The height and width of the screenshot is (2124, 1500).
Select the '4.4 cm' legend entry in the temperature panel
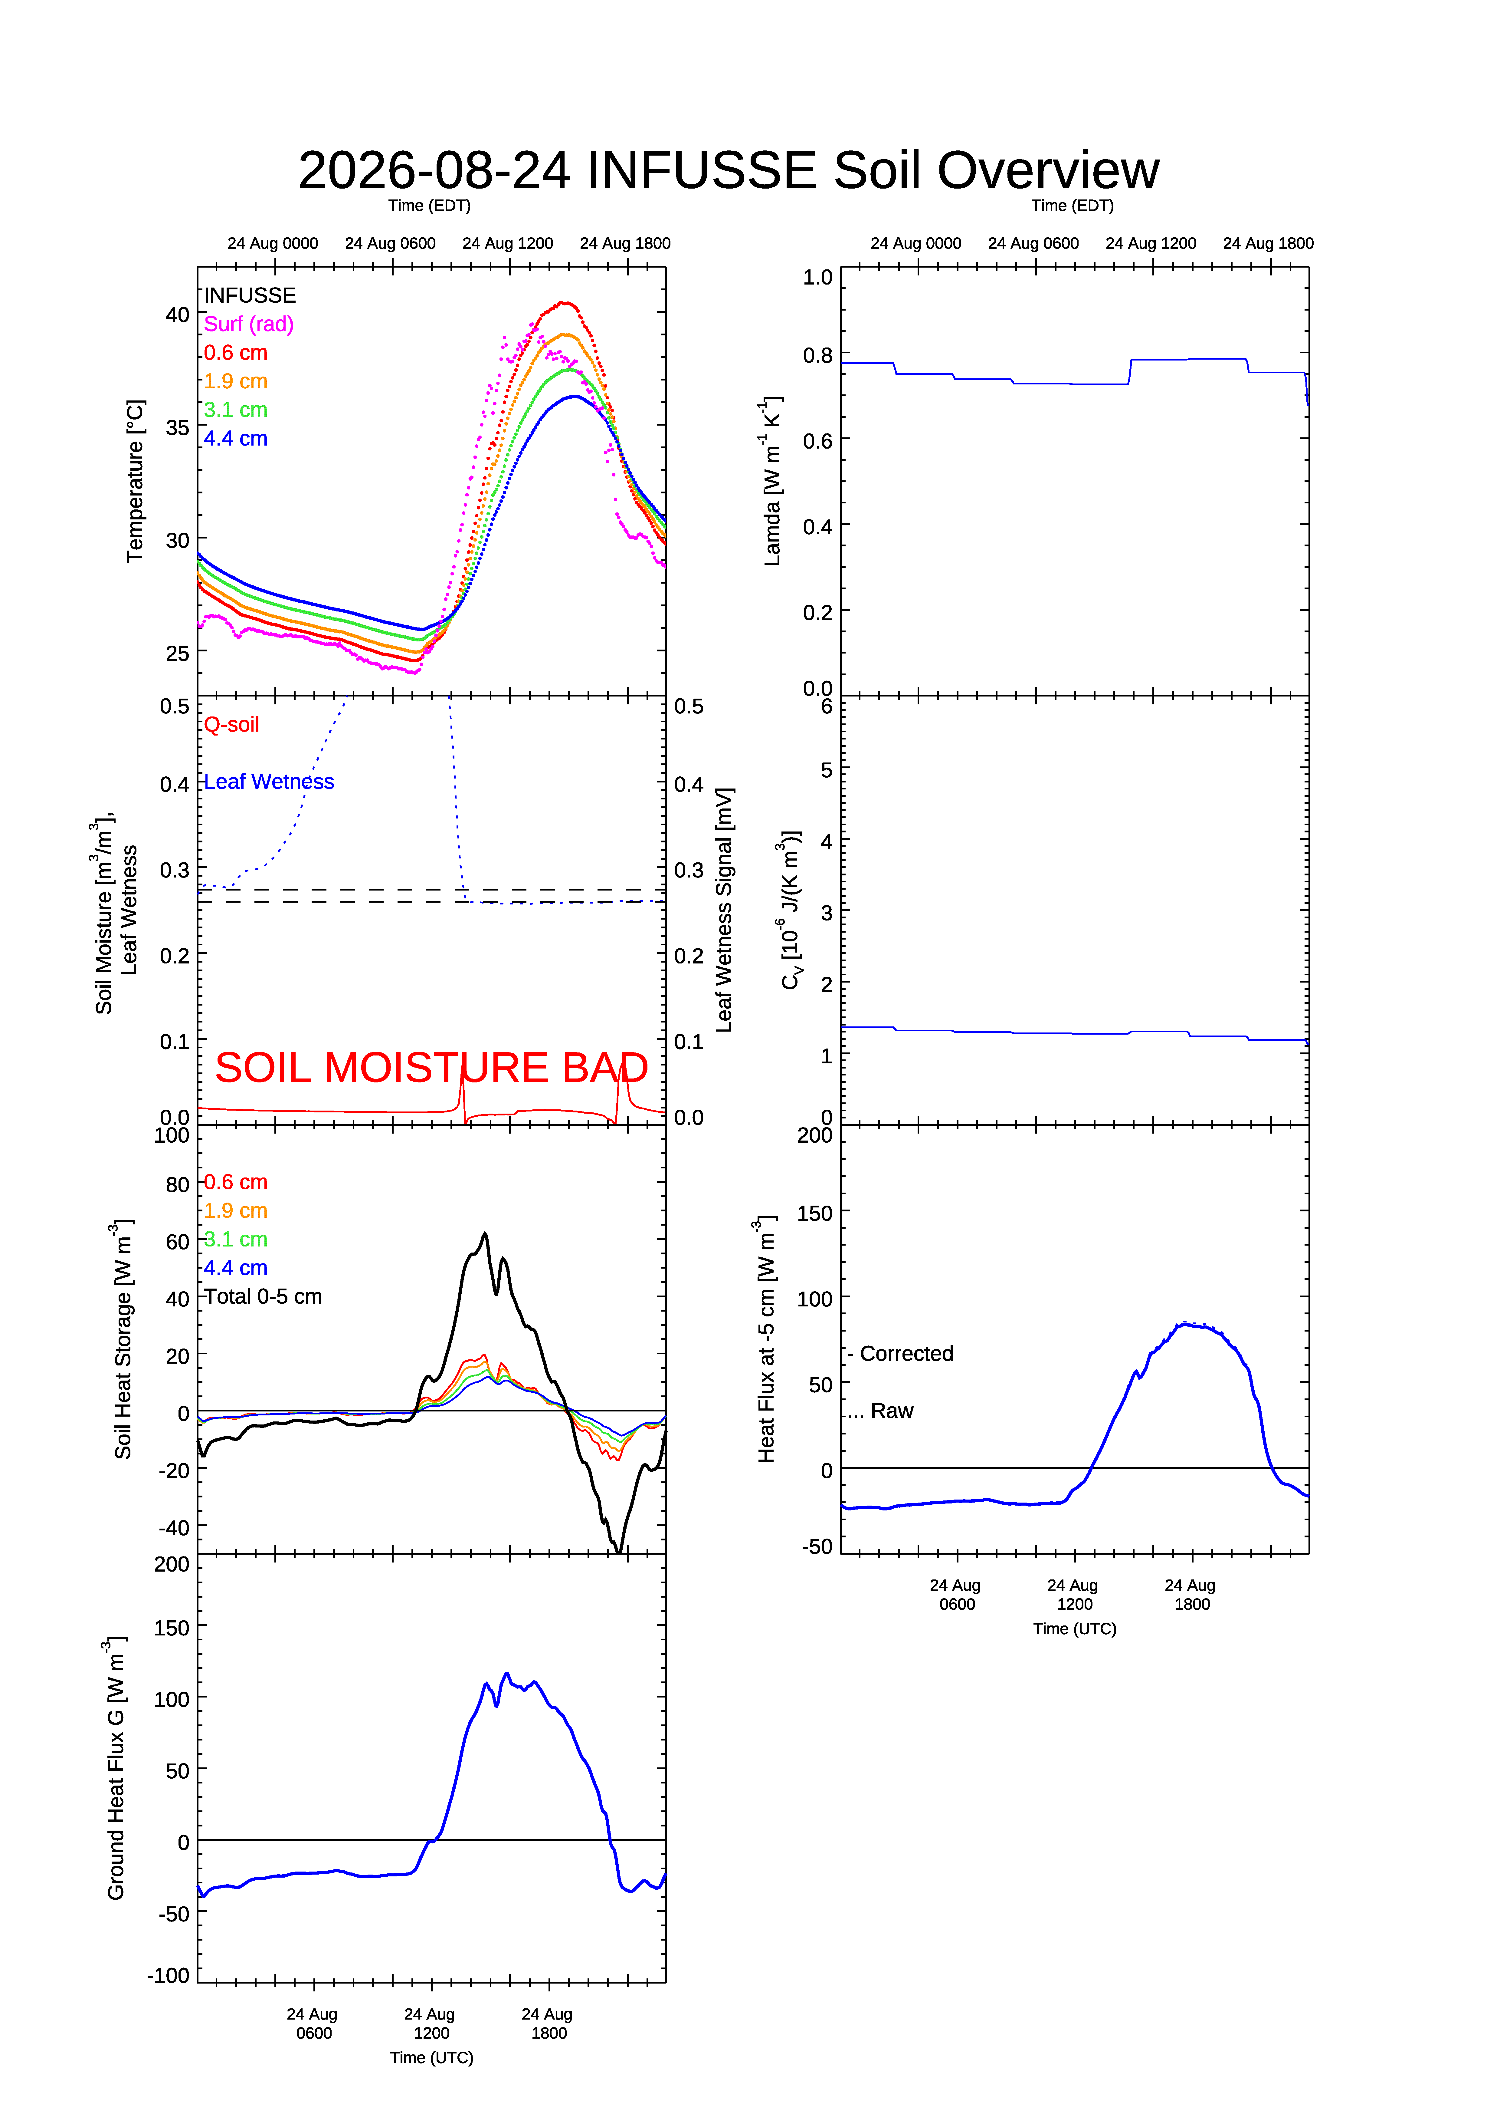[236, 439]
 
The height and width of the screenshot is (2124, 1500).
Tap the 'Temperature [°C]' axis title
[135, 481]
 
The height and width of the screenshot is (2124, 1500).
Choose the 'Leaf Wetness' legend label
[269, 782]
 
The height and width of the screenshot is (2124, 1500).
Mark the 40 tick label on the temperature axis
[178, 314]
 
